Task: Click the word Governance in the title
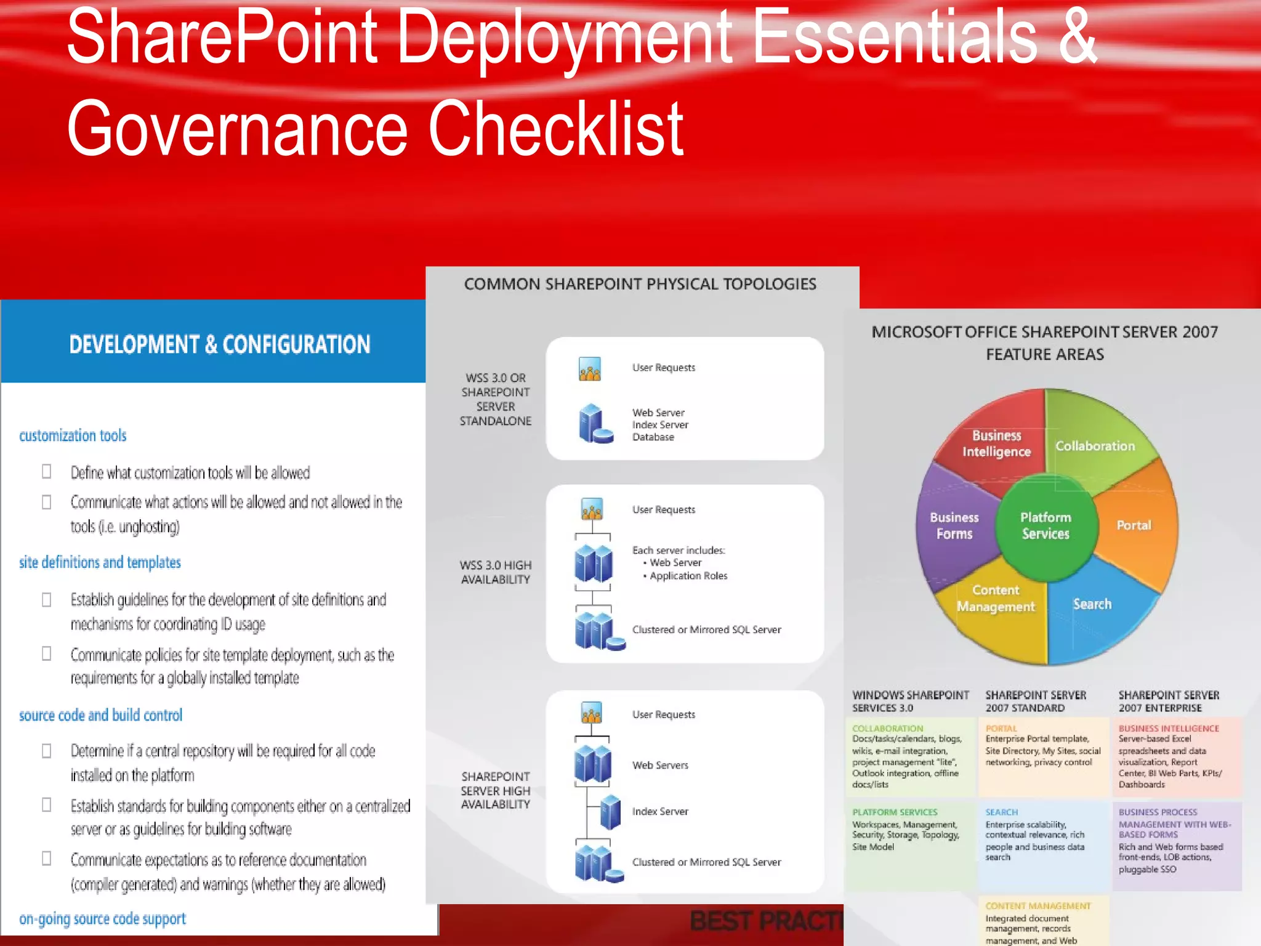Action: click(x=237, y=129)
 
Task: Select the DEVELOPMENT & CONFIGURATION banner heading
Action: click(x=220, y=344)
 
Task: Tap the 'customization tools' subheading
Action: click(x=73, y=436)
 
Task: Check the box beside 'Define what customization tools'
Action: click(x=47, y=472)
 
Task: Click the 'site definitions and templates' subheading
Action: click(x=100, y=563)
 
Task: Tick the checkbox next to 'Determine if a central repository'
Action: click(x=47, y=751)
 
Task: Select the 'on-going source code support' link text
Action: click(x=102, y=919)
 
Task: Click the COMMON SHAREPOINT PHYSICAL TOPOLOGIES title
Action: click(x=640, y=284)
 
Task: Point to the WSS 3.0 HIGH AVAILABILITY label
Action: click(x=496, y=572)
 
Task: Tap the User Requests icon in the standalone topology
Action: click(x=590, y=369)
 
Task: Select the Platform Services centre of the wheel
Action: click(x=1045, y=525)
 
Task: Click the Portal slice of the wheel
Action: click(x=1134, y=525)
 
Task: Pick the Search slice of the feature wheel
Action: click(x=1092, y=604)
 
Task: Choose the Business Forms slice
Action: click(x=954, y=525)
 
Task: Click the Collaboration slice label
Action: click(x=1095, y=446)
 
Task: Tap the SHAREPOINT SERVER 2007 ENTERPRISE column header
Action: click(x=1168, y=701)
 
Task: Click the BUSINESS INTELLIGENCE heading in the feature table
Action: click(x=1168, y=729)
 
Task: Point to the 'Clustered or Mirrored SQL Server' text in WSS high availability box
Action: click(x=706, y=629)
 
